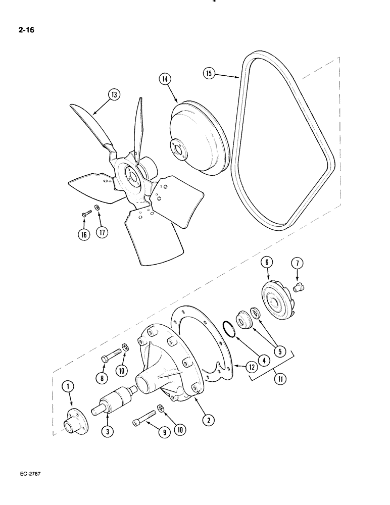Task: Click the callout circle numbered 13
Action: pos(114,95)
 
